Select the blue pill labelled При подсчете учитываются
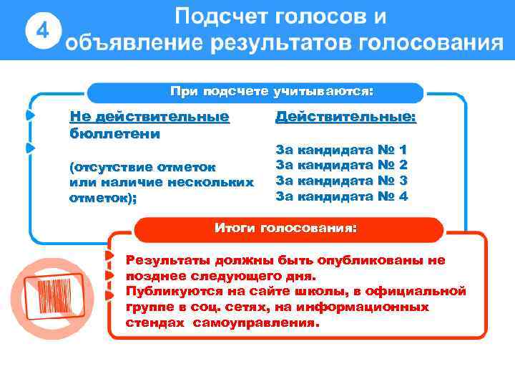point(271,92)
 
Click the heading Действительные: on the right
point(346,117)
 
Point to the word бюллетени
point(114,133)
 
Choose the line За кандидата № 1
point(342,150)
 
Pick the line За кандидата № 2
point(342,166)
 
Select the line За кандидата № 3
point(342,181)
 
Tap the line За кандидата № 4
point(342,196)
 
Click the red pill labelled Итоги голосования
point(285,229)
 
